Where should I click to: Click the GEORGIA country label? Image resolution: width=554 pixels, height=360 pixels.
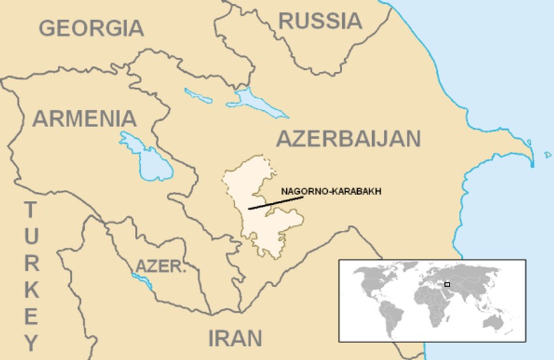[x=91, y=28]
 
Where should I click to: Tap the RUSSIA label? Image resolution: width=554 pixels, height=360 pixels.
[x=320, y=21]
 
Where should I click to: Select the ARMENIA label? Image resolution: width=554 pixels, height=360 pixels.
[x=85, y=119]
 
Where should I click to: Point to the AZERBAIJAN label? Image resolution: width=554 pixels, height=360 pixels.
[x=348, y=139]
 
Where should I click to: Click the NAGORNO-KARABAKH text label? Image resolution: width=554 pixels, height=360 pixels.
[x=331, y=192]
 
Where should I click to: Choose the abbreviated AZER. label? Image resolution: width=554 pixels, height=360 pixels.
[x=160, y=266]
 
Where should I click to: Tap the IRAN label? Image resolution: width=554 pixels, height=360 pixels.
[x=235, y=338]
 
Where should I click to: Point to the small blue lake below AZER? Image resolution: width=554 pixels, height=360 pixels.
[x=143, y=281]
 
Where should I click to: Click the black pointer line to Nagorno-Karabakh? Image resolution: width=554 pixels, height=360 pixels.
[x=275, y=203]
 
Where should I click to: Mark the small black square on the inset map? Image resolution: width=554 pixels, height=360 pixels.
[x=447, y=284]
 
